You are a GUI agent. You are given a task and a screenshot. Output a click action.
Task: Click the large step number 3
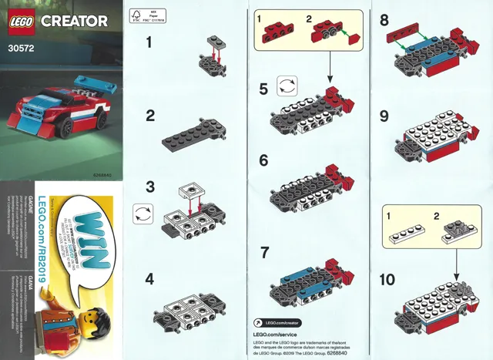[x=150, y=188]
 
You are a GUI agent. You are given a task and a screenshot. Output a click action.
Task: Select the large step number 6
[x=264, y=162]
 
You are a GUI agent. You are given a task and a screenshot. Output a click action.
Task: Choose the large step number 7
[x=264, y=252]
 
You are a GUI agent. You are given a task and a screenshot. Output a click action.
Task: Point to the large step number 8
[x=384, y=21]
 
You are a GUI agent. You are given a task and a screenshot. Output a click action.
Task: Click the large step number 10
[x=390, y=277]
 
